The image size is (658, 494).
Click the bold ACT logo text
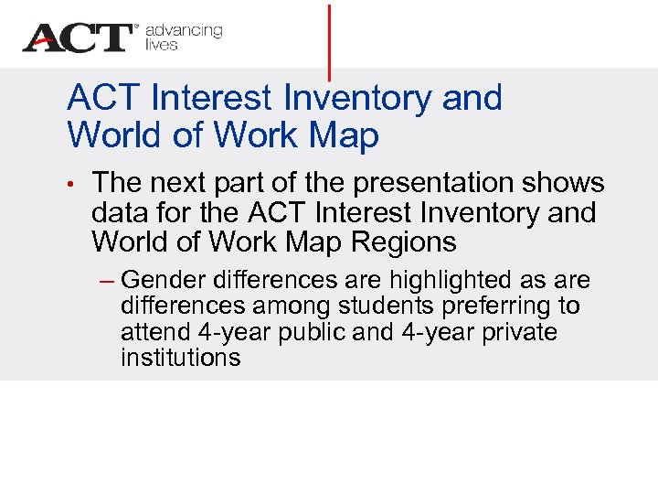click(79, 38)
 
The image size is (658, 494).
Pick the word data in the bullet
click(121, 213)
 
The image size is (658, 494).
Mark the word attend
click(156, 331)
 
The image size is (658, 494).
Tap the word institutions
click(180, 358)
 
